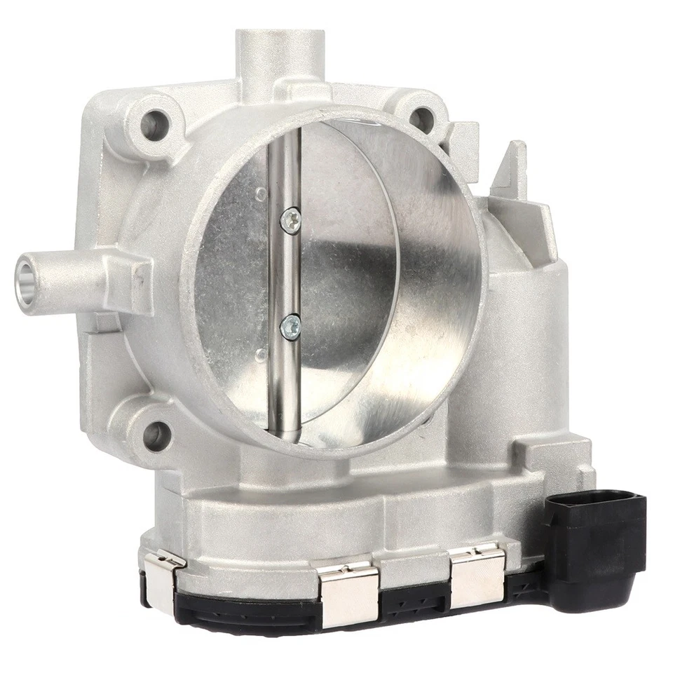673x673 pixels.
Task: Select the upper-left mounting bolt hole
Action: [x=151, y=125]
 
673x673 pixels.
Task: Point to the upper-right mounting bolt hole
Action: [x=419, y=120]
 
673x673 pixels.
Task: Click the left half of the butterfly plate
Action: [x=231, y=280]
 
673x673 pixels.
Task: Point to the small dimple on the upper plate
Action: [x=261, y=191]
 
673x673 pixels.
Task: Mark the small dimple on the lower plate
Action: [x=261, y=354]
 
